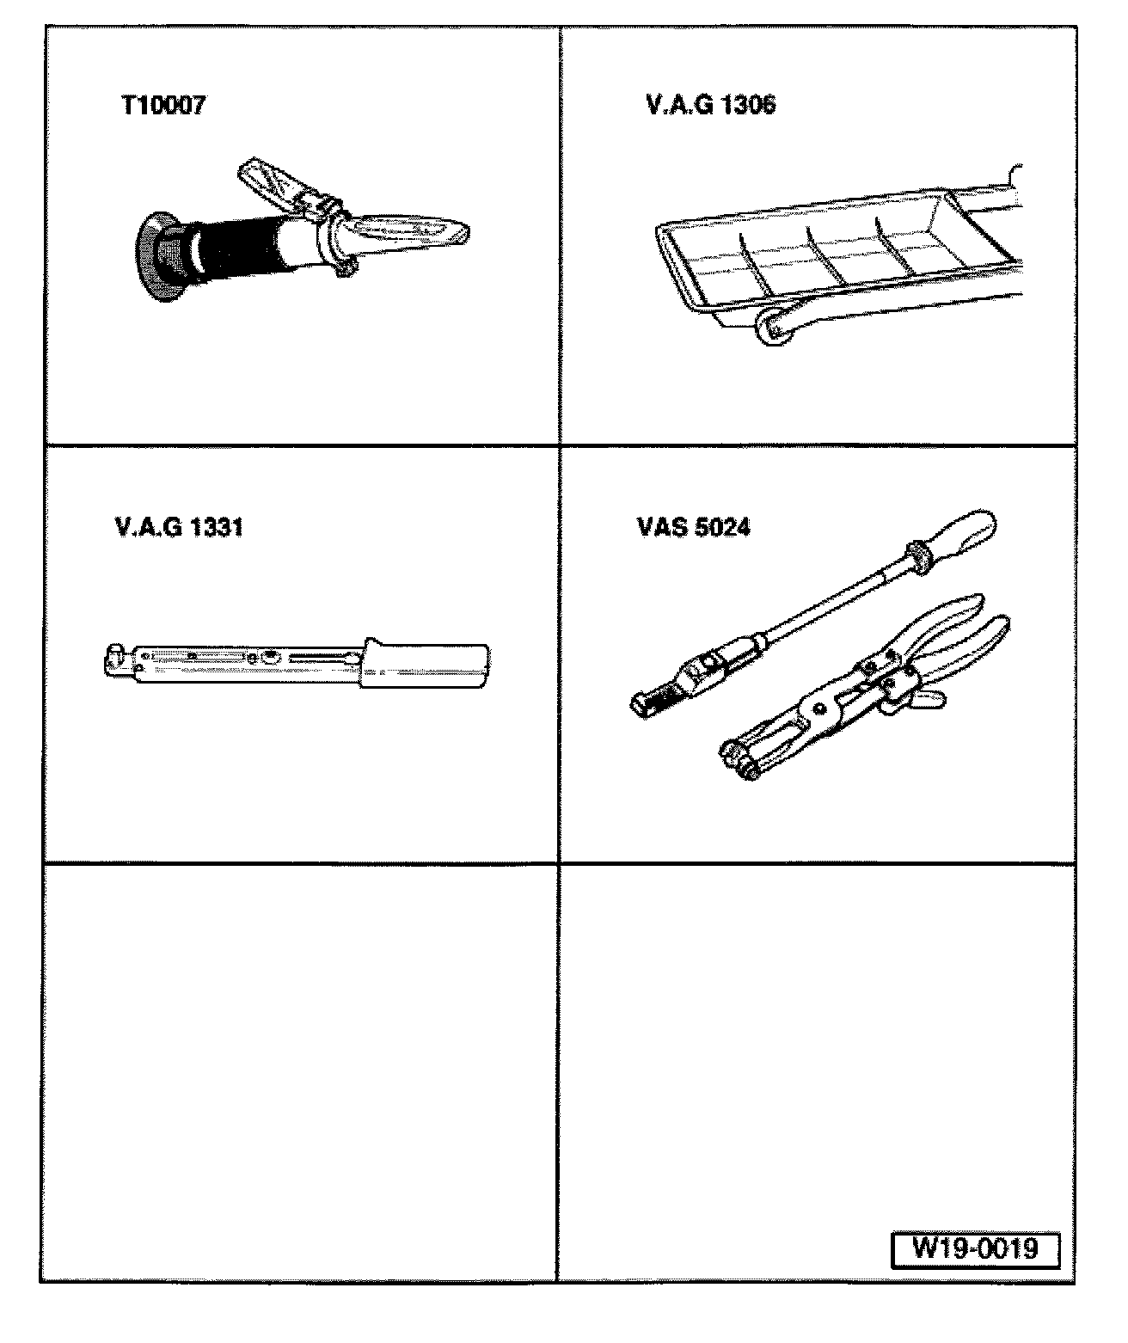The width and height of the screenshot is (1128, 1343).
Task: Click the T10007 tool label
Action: pyautogui.click(x=164, y=105)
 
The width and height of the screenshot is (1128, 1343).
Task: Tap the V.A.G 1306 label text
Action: pyautogui.click(x=711, y=104)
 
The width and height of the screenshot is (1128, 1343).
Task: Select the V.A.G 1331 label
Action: pyautogui.click(x=179, y=527)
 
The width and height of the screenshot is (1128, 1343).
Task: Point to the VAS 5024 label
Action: pyautogui.click(x=694, y=527)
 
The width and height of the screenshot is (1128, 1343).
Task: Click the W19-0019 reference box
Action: pyautogui.click(x=975, y=1250)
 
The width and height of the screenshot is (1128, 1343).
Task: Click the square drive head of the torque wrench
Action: pyautogui.click(x=117, y=659)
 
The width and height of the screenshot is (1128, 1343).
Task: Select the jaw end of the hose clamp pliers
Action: pyautogui.click(x=743, y=759)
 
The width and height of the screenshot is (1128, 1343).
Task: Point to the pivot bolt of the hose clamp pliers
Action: pyautogui.click(x=819, y=708)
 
